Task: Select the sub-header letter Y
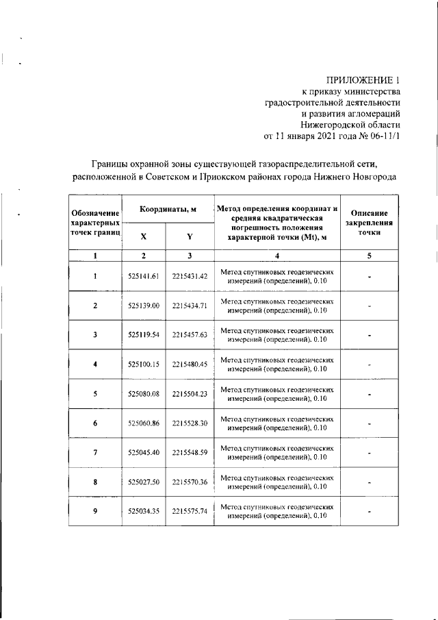click(x=190, y=236)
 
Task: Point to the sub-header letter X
click(x=143, y=236)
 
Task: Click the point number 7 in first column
click(x=95, y=453)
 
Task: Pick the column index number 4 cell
click(x=277, y=256)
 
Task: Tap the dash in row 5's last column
click(x=369, y=395)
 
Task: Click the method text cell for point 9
click(x=277, y=511)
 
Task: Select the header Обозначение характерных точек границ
click(x=95, y=223)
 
